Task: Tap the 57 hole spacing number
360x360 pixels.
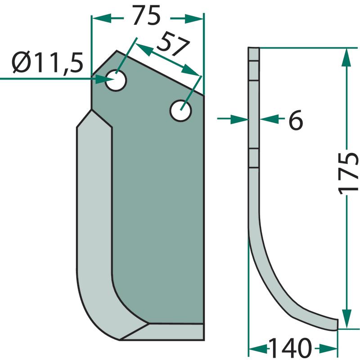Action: click(173, 45)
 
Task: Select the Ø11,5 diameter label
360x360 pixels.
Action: click(48, 63)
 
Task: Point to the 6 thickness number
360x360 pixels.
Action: click(296, 120)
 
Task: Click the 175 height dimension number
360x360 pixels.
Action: click(348, 172)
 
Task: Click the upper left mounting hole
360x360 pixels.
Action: click(116, 81)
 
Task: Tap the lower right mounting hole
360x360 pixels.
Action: click(181, 111)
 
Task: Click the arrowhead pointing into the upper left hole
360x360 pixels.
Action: click(105, 80)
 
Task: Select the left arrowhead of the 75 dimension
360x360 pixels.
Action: click(101, 18)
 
